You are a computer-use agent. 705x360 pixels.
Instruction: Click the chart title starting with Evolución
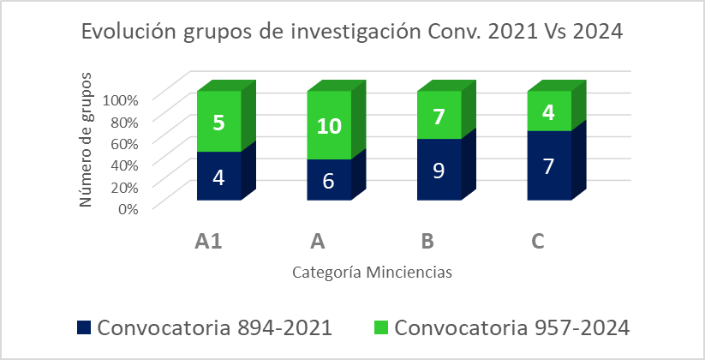[x=351, y=32]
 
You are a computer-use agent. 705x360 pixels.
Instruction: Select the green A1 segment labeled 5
[x=219, y=123]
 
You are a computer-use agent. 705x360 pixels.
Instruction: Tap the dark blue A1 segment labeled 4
[x=219, y=177]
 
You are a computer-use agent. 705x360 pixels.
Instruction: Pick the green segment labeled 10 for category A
[x=329, y=126]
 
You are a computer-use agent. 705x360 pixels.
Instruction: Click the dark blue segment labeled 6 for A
[x=329, y=180]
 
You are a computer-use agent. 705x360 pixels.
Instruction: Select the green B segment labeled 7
[x=439, y=116]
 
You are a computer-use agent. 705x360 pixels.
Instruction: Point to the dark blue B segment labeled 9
[x=439, y=170]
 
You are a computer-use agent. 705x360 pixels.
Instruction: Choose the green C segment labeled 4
[x=548, y=112]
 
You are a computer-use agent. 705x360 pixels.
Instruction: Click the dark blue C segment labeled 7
[x=548, y=165]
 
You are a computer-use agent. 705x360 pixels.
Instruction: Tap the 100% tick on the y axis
[x=120, y=99]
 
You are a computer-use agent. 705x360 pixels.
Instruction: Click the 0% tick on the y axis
[x=127, y=207]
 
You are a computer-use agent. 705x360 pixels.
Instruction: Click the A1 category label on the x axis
[x=208, y=242]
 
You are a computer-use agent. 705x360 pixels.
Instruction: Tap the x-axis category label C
[x=538, y=242]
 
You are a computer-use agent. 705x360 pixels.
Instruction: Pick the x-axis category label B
[x=427, y=242]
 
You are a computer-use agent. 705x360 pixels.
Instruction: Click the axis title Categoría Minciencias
[x=372, y=273]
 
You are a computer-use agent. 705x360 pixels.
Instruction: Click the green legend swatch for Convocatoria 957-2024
[x=381, y=327]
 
